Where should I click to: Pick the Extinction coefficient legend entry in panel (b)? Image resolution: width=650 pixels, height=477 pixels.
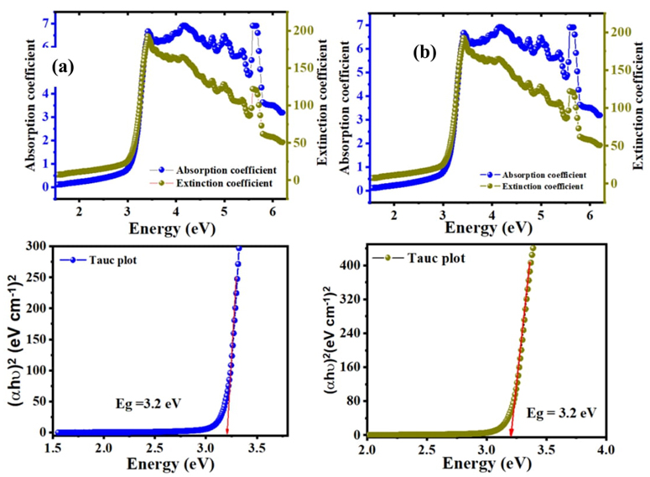536,185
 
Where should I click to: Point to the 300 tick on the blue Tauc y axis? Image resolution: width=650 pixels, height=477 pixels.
36,247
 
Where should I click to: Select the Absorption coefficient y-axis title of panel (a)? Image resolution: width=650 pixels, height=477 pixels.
30,107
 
